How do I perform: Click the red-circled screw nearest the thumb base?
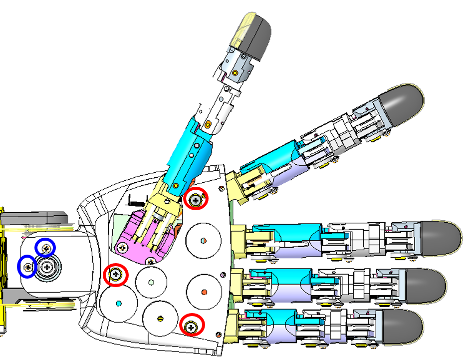[x=196, y=200]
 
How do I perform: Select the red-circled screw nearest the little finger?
[x=192, y=327]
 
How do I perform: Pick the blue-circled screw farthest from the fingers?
[x=27, y=267]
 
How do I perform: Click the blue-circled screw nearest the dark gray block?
[x=46, y=248]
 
